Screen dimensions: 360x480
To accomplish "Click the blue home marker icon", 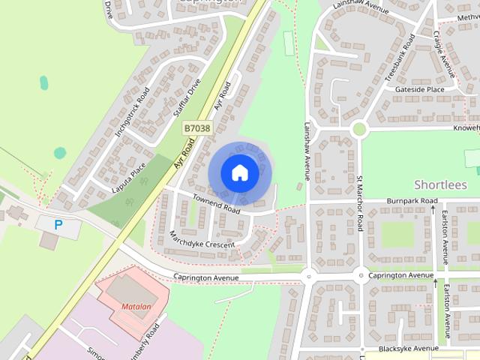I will (x=239, y=173).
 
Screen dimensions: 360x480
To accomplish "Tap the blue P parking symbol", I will (x=59, y=223).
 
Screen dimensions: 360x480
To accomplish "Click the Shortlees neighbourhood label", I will (x=440, y=184).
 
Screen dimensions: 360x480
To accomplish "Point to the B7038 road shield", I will (x=197, y=129).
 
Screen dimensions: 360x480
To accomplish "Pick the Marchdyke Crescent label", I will (x=202, y=239).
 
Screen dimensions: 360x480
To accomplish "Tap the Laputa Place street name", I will (x=127, y=178).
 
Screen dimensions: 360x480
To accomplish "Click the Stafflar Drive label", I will (x=187, y=97).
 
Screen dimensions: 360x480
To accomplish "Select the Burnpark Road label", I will (x=412, y=202).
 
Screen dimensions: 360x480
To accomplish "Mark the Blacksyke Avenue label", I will (x=408, y=349).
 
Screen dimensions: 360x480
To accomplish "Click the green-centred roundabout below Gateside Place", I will (x=359, y=129).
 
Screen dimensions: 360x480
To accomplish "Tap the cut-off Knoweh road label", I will (x=466, y=128).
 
